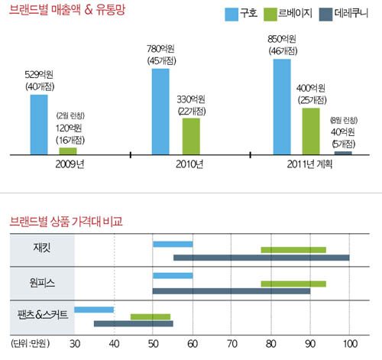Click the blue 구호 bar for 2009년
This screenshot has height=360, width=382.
39,125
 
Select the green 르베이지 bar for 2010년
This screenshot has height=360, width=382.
191,136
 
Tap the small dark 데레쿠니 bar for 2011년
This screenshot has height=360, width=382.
343,153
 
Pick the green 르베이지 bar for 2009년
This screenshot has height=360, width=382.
69,151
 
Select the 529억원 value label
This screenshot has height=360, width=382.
39,74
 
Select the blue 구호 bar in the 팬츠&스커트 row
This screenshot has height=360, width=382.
94,309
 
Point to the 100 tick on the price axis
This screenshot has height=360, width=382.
349,342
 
